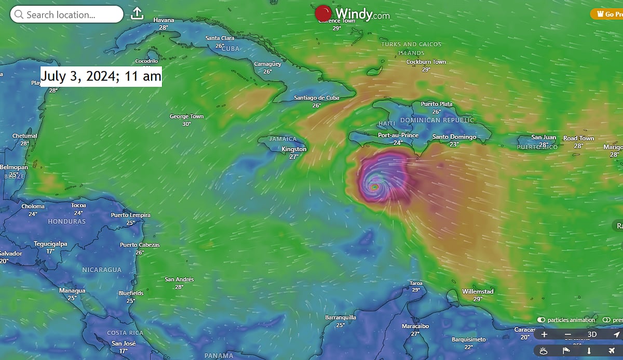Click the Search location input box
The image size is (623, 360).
point(66,15)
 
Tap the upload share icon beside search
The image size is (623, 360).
point(137,14)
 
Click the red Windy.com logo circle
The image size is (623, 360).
point(323,14)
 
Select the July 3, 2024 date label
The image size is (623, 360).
point(101,76)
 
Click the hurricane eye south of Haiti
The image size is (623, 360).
point(375,186)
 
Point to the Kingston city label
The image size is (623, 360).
point(294,149)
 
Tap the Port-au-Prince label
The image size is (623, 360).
point(398,135)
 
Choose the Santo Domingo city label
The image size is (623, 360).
point(454,137)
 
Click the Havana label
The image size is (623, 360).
point(164,20)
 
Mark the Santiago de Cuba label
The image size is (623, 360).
point(316,98)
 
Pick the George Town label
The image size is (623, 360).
point(186,117)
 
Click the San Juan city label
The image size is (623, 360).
point(544,137)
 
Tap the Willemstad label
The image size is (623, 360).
point(478,291)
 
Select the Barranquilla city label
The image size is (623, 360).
point(340,317)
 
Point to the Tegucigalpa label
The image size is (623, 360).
point(50,244)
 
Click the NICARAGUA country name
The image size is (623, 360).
point(102,270)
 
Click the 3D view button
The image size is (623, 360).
point(592,335)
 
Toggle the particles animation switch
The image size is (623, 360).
point(541,320)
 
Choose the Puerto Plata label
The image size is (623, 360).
point(437,104)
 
